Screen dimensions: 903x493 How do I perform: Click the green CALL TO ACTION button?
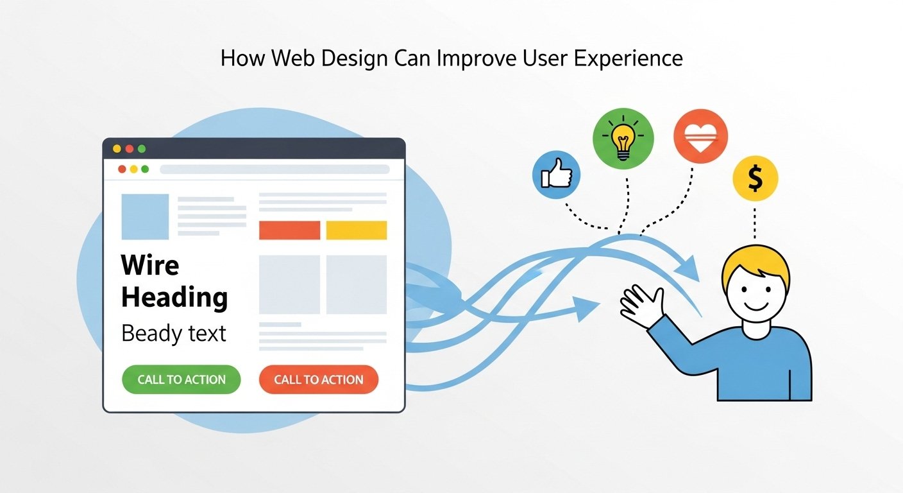click(181, 379)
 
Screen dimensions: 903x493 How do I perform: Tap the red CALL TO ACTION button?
click(319, 379)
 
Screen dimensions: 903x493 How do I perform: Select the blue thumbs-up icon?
click(556, 175)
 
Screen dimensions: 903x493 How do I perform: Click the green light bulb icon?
click(623, 138)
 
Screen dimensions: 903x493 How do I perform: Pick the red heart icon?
click(700, 136)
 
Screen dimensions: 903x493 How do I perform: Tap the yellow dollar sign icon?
click(755, 178)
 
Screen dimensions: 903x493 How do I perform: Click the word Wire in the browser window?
click(150, 265)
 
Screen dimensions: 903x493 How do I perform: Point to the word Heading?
click(174, 298)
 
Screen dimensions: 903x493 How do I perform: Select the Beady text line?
click(174, 334)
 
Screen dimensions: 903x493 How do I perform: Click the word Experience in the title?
click(628, 58)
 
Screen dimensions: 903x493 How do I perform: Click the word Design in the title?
click(355, 58)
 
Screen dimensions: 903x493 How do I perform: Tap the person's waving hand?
click(643, 307)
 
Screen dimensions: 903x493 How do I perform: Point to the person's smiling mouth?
click(756, 306)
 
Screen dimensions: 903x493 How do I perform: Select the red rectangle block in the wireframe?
click(289, 230)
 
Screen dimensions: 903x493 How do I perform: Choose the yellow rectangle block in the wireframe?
click(357, 230)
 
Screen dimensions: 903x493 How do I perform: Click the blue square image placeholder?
click(145, 216)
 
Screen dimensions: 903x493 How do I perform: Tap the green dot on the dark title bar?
click(142, 149)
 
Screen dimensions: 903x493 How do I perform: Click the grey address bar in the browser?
click(275, 169)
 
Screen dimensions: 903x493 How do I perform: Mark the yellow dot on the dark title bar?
click(117, 149)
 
